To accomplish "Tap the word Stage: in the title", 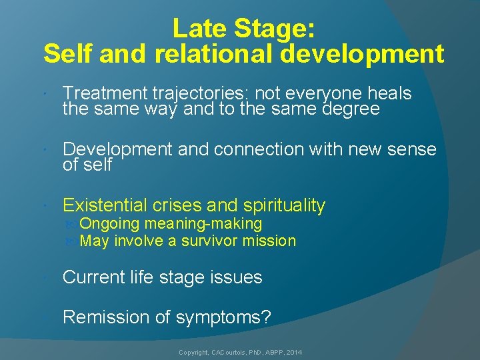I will pos(280,29).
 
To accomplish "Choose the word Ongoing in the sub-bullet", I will pos(109,224).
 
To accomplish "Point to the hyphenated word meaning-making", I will pos(203,224).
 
